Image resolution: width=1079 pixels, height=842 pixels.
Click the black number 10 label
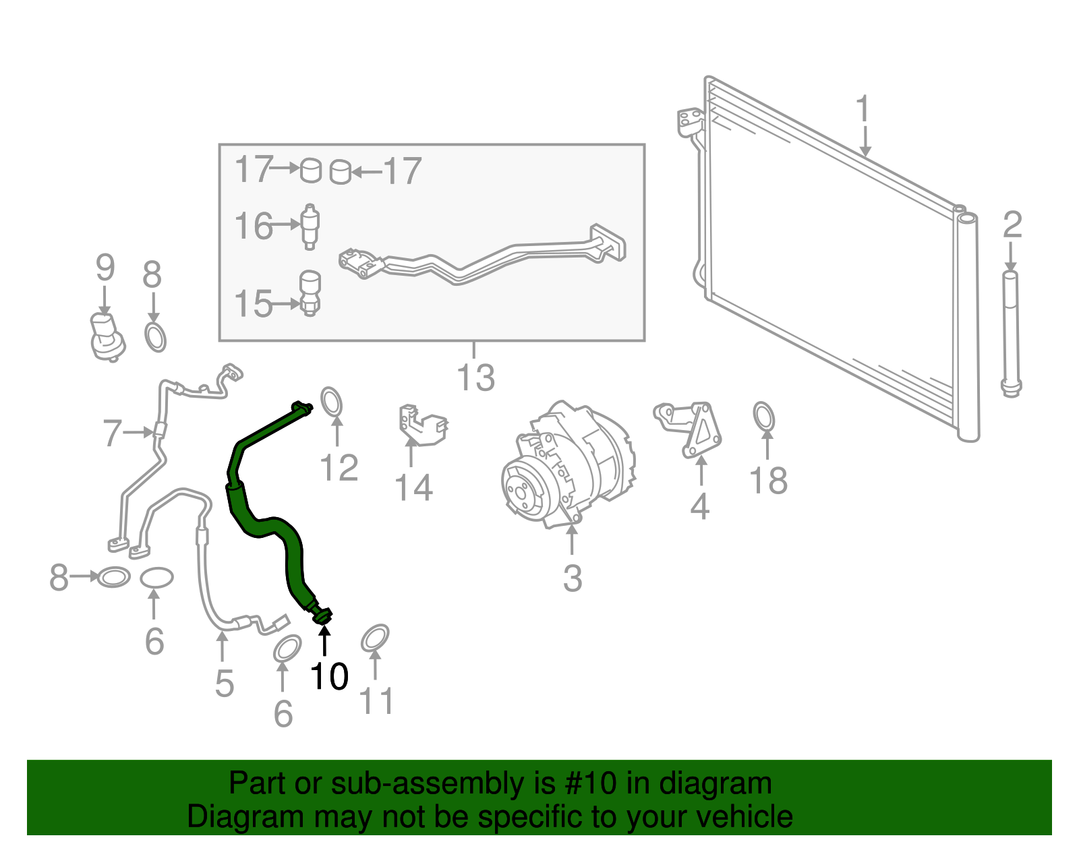point(329,675)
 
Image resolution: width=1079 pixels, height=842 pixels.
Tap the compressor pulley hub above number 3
point(519,491)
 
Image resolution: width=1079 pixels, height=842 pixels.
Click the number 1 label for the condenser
point(863,109)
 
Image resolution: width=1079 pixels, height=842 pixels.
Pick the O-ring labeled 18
point(763,417)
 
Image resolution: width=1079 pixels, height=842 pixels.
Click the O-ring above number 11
point(375,638)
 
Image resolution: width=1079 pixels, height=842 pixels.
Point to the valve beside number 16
point(310,227)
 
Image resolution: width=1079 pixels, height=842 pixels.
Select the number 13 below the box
point(475,378)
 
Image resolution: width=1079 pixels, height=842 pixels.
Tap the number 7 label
point(112,433)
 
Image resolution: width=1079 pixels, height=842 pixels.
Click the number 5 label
point(225,683)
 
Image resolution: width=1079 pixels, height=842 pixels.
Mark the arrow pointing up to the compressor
point(572,540)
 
